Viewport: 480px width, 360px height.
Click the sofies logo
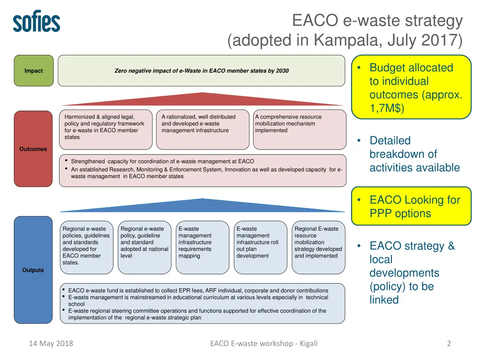(37, 22)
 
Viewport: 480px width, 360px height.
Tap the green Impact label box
(34, 71)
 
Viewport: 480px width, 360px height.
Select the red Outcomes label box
(33, 149)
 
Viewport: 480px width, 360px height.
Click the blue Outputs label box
(33, 270)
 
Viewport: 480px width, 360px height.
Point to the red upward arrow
(202, 99)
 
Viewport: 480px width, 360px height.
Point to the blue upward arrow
(202, 205)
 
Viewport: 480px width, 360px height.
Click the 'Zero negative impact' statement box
(202, 71)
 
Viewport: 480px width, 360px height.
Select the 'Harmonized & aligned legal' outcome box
(106, 129)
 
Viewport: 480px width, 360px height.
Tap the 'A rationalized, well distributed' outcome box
(202, 129)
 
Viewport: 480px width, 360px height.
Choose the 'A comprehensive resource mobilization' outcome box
(299, 129)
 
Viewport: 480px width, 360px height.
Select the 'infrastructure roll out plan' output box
(260, 247)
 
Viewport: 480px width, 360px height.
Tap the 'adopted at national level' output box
(144, 247)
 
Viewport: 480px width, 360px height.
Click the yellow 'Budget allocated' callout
(411, 88)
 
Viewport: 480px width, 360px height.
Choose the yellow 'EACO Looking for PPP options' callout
(411, 207)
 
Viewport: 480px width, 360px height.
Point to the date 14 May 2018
(51, 344)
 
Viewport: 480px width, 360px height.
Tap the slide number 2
(449, 344)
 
